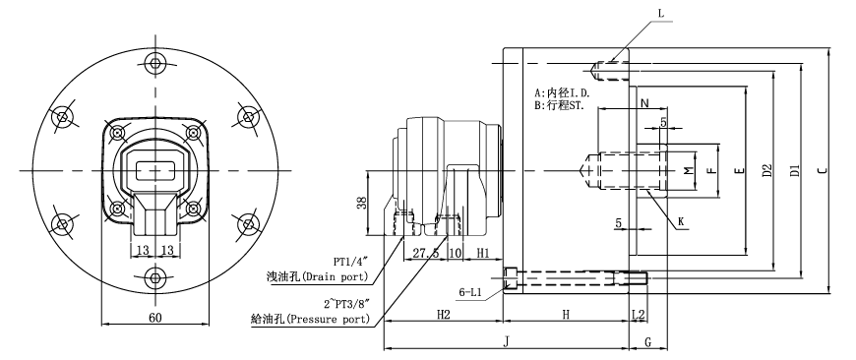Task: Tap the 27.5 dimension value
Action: point(425,253)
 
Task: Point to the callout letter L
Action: point(660,13)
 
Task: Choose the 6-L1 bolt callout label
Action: point(475,292)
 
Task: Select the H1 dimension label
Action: point(483,253)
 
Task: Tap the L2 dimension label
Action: point(639,314)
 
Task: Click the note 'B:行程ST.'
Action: point(559,104)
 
